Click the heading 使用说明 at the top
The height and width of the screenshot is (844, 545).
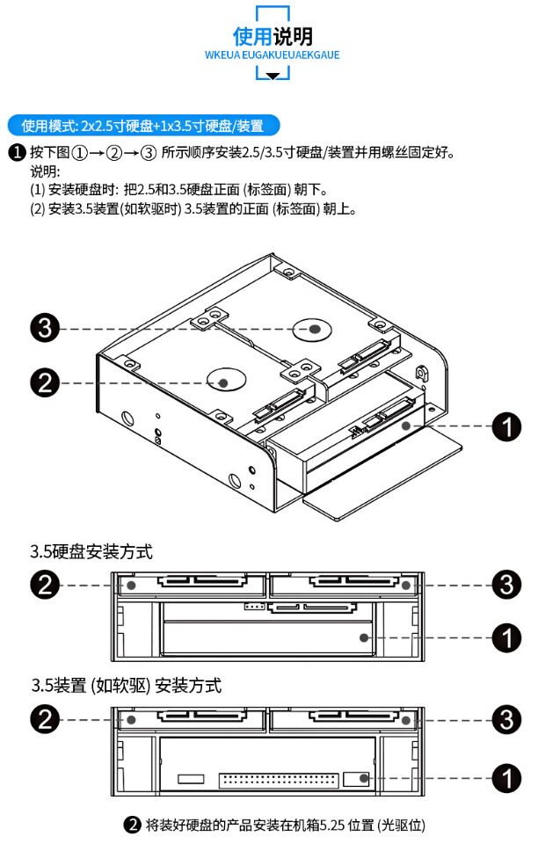pos(272,36)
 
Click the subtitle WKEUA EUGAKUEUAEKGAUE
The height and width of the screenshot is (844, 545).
pos(272,55)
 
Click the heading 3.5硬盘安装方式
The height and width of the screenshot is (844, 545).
pos(91,552)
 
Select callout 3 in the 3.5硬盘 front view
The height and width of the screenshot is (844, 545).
pos(506,585)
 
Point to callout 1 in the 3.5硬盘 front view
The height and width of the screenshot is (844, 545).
pos(506,636)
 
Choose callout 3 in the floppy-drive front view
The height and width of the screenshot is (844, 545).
pos(506,719)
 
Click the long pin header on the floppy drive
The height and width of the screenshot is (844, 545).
pos(278,779)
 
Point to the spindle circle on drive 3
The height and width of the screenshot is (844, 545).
pos(313,329)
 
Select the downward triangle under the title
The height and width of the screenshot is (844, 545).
pos(272,76)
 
